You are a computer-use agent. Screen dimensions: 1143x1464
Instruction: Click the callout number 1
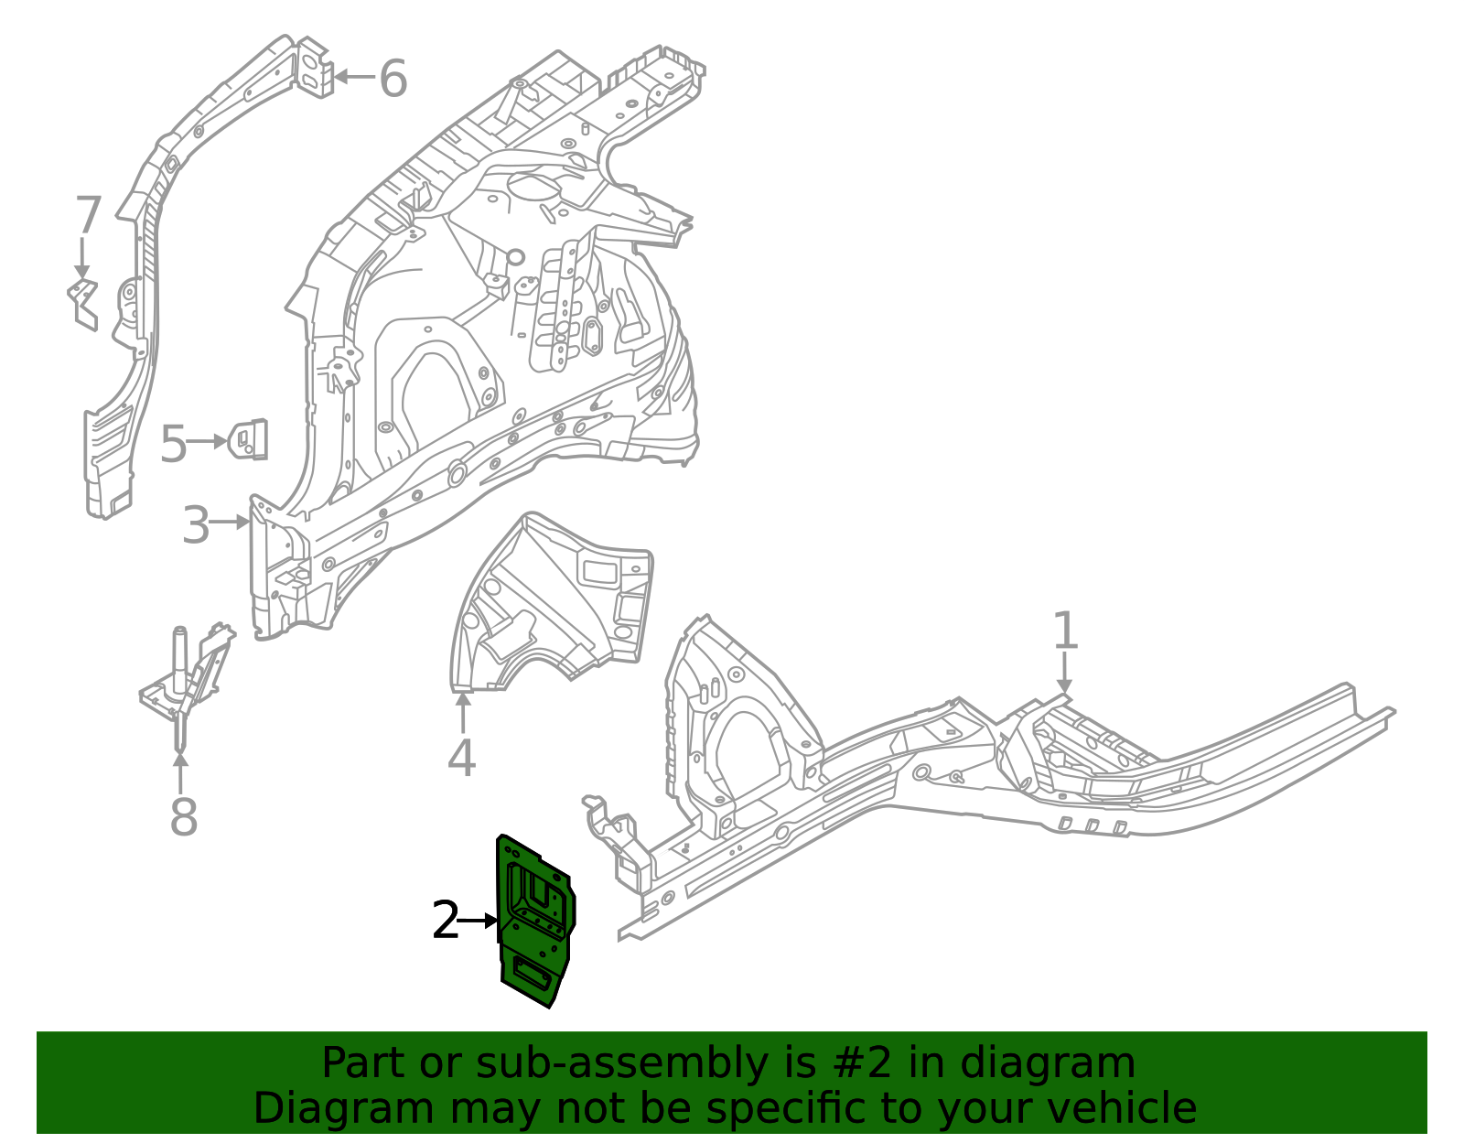[1064, 631]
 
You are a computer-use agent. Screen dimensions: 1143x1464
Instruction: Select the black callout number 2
[445, 920]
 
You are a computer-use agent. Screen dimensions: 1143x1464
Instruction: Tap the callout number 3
[196, 525]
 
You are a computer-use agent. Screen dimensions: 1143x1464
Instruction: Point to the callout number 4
[462, 758]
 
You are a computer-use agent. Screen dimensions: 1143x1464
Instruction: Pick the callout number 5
[173, 445]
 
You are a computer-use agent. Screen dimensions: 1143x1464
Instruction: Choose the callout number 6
[393, 79]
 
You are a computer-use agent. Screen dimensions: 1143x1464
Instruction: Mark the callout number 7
[87, 217]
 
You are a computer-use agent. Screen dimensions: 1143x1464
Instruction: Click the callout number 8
[183, 816]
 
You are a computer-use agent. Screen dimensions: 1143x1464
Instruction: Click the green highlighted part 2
[535, 924]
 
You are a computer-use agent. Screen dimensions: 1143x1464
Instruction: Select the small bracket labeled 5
[248, 440]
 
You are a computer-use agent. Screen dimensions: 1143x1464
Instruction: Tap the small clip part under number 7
[84, 302]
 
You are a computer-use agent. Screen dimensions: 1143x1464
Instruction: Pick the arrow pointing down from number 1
[1064, 673]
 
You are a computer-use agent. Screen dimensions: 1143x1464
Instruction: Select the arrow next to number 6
[353, 77]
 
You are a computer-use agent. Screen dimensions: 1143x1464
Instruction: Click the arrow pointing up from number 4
[463, 714]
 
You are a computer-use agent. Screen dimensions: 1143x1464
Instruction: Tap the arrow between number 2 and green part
[478, 921]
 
